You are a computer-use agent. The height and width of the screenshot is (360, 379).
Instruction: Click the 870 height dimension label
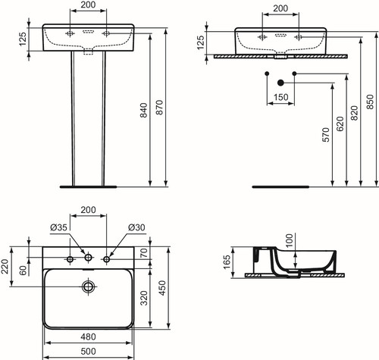click(159, 108)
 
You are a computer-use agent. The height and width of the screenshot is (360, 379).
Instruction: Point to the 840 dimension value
click(143, 110)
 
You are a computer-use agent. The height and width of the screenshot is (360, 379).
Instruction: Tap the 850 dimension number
click(370, 102)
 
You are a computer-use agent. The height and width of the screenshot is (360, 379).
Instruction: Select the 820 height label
click(355, 113)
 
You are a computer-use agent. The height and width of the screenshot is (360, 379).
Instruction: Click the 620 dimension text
click(340, 124)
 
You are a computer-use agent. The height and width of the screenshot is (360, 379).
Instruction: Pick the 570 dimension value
click(326, 135)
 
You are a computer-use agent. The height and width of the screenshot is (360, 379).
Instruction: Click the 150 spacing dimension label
click(280, 97)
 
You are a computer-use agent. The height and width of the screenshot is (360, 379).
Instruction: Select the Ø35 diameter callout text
click(58, 227)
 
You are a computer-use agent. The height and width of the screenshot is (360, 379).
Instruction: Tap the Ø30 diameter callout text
click(136, 227)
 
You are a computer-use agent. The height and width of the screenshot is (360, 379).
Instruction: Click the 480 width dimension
click(88, 337)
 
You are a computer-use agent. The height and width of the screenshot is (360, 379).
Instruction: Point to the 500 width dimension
click(88, 351)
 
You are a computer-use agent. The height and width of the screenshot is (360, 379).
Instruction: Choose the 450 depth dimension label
click(161, 288)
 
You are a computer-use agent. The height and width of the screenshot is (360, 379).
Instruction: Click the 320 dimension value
click(144, 298)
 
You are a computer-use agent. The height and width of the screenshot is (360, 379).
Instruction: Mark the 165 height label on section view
click(227, 262)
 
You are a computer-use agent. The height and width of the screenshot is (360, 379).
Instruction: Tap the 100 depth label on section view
click(290, 240)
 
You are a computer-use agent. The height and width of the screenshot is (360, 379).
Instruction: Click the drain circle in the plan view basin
click(88, 286)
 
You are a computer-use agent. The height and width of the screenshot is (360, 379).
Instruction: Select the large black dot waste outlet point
click(280, 83)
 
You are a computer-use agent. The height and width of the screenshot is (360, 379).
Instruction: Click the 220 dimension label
click(5, 267)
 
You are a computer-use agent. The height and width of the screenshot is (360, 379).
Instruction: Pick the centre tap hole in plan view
click(88, 258)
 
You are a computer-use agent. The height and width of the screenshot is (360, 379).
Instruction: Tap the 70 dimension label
click(143, 253)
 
